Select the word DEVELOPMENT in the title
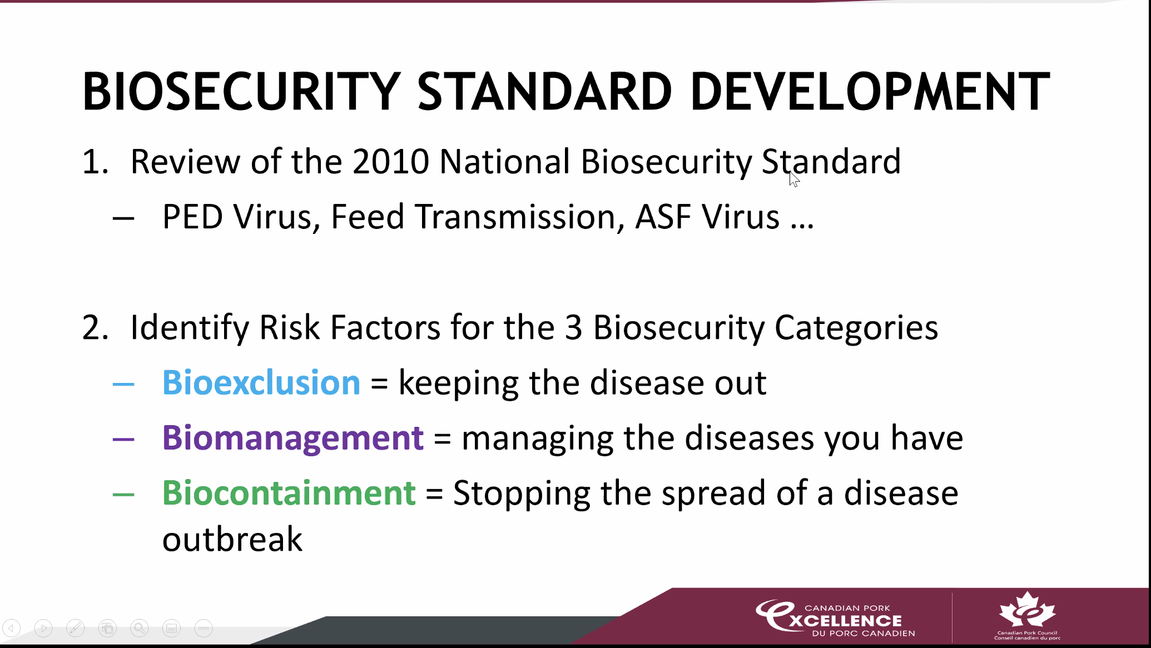pos(870,91)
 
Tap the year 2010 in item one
pos(390,162)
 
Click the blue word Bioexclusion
pos(261,382)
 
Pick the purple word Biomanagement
pos(293,438)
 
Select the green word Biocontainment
pos(289,493)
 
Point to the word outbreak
pos(232,539)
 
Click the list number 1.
pos(95,162)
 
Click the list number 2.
pos(95,328)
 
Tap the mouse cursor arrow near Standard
pos(794,179)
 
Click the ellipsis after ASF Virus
pos(802,226)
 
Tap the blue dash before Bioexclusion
pos(123,383)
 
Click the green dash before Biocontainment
pos(123,494)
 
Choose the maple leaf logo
pos(1027,610)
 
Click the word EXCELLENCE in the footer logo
pos(845,621)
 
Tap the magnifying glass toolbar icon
pos(140,629)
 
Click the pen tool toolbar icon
pos(75,629)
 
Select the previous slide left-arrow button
pos(11,629)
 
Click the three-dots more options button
pos(204,629)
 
